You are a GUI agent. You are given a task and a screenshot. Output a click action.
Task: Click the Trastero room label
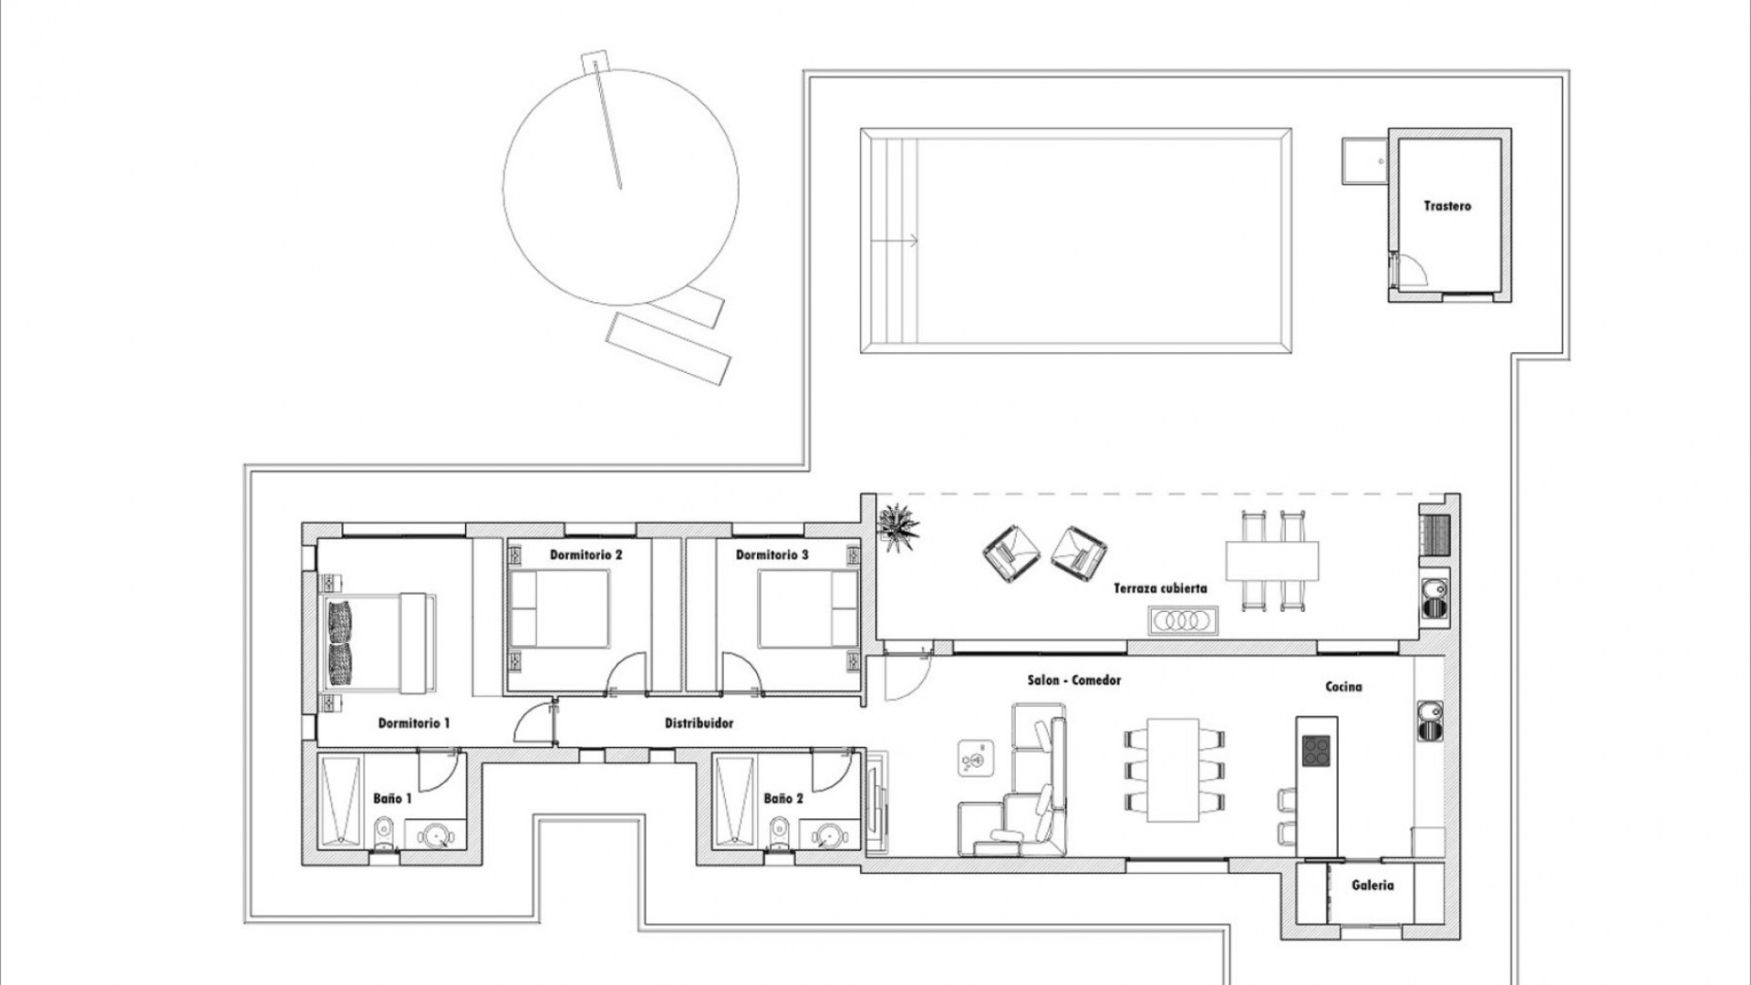click(x=1447, y=206)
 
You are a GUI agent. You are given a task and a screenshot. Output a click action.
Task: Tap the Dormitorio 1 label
click(x=414, y=723)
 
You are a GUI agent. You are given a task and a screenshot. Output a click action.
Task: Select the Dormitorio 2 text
click(x=585, y=555)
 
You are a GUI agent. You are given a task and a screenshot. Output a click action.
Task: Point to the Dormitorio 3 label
click(x=772, y=555)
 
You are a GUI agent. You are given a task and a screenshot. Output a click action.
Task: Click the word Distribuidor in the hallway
click(x=699, y=723)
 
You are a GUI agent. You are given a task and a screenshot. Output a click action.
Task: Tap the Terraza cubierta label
click(x=1160, y=588)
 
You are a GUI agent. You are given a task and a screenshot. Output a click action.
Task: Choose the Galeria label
click(x=1372, y=885)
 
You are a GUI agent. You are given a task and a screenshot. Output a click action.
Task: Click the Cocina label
click(x=1343, y=687)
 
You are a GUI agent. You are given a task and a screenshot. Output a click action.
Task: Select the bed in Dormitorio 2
click(x=558, y=607)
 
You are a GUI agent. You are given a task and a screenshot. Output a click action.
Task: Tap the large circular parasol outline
click(x=620, y=187)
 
